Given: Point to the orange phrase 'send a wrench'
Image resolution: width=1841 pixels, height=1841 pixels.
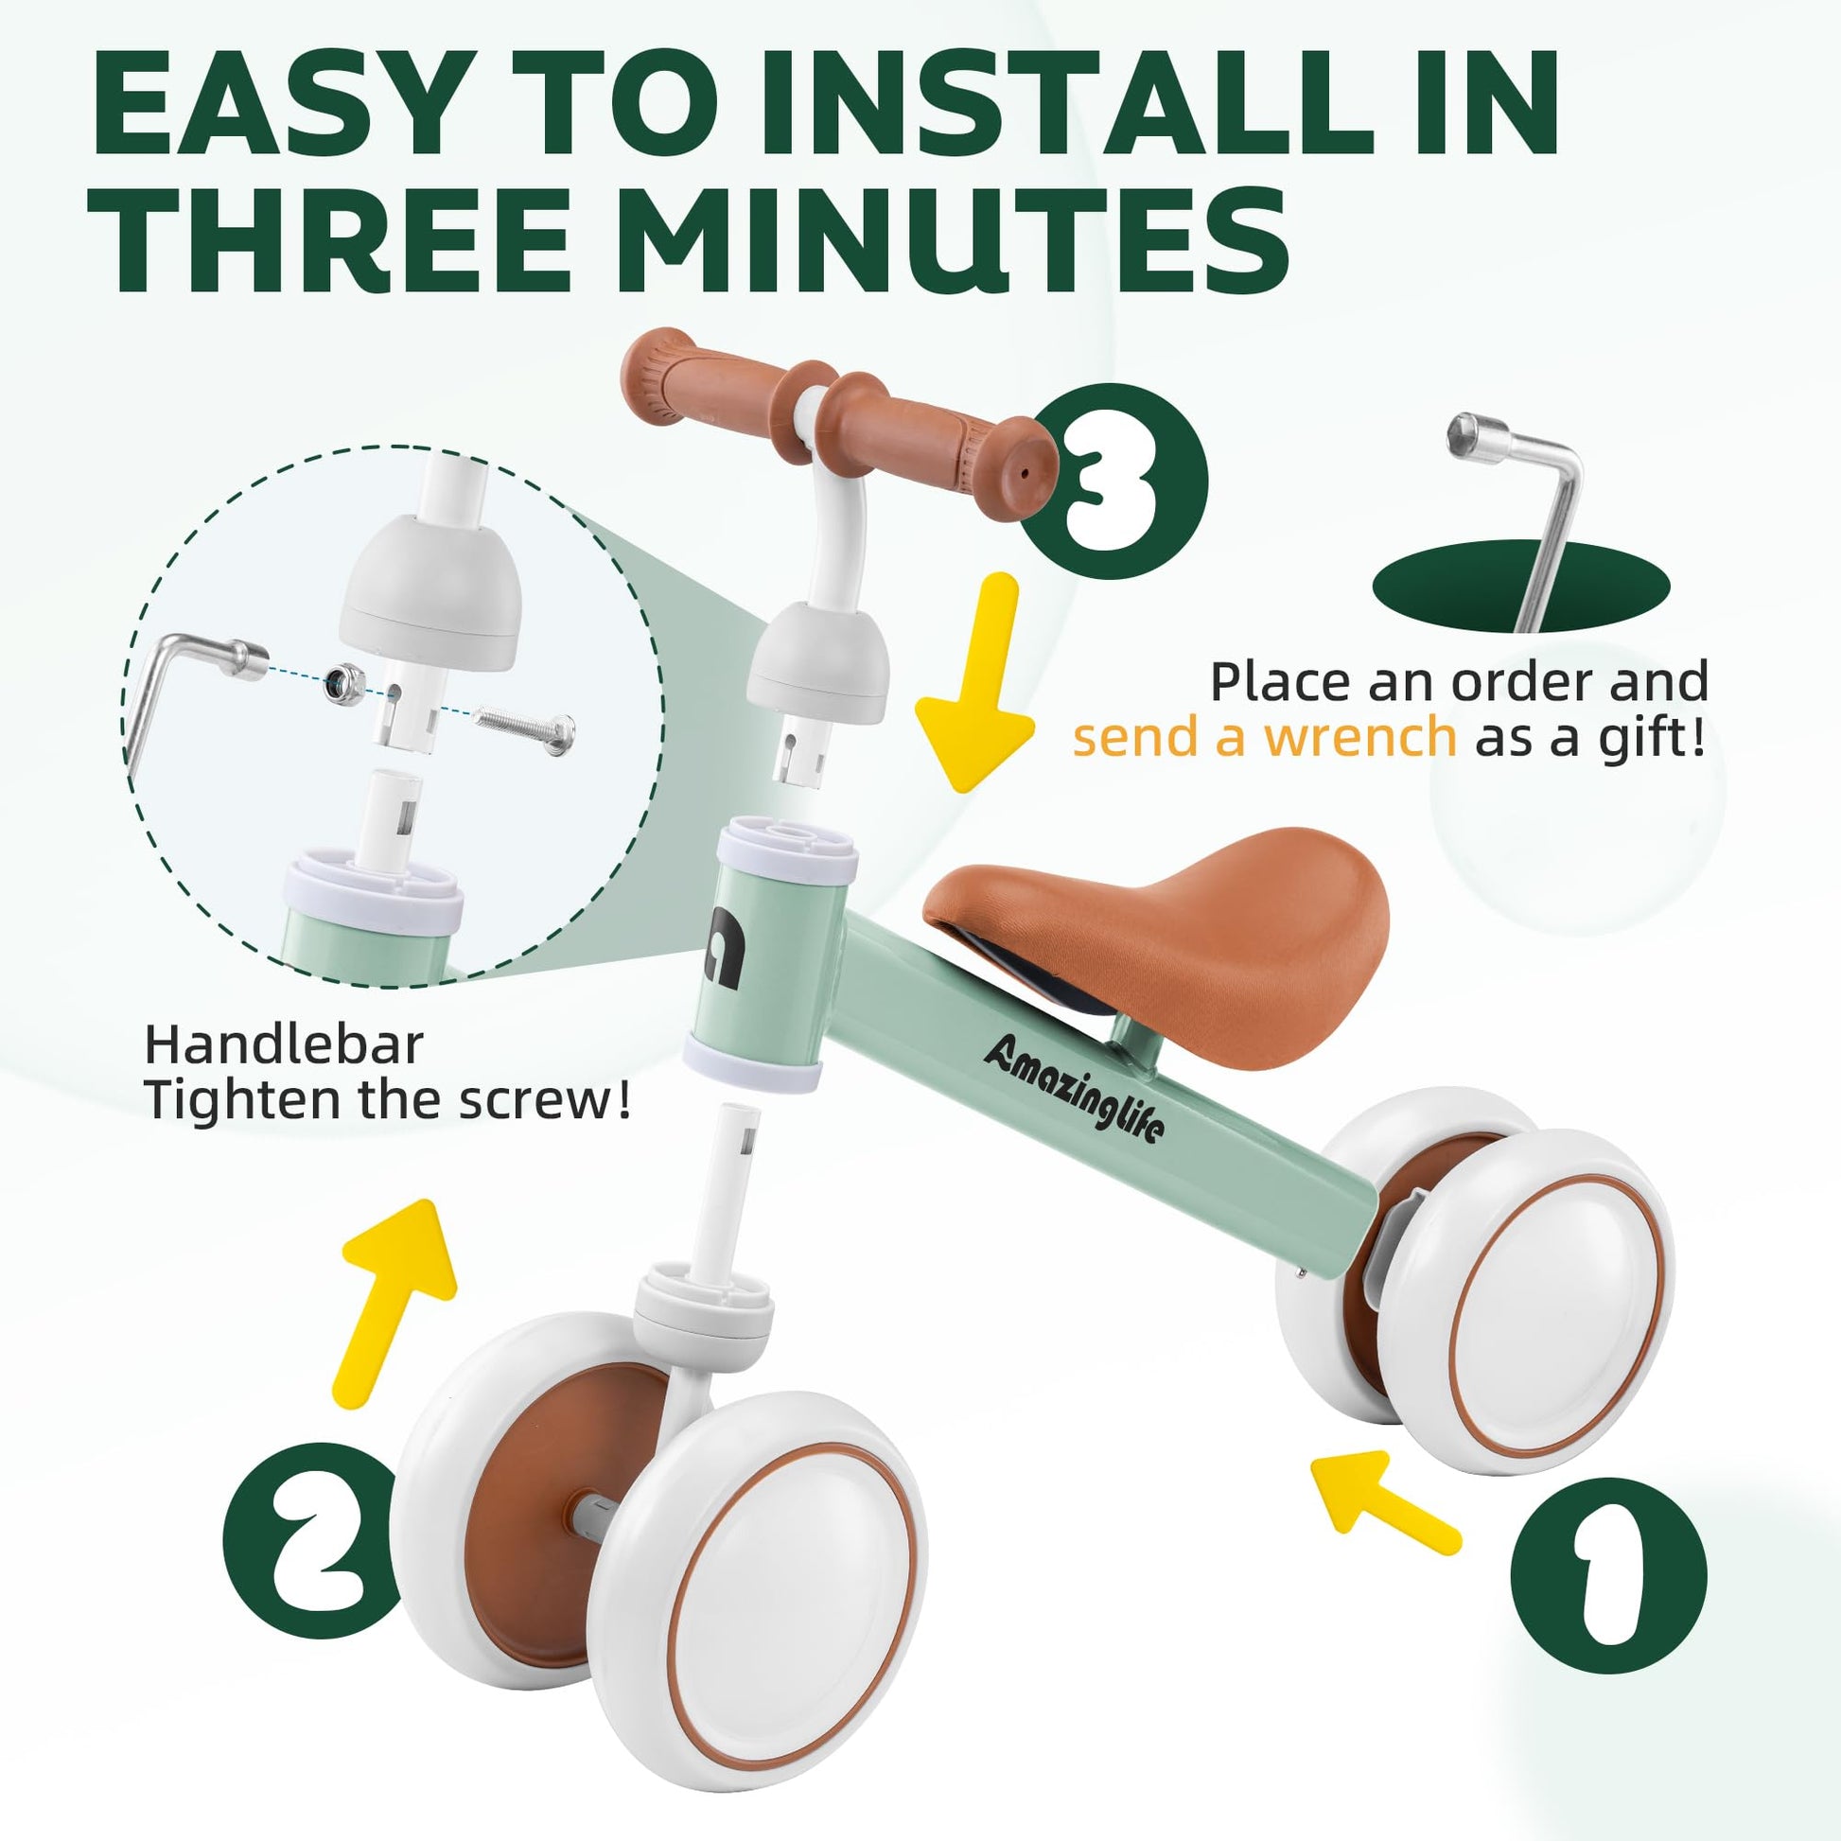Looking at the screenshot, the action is coord(1265,737).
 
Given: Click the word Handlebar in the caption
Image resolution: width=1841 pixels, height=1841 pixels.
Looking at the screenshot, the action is coord(283,1045).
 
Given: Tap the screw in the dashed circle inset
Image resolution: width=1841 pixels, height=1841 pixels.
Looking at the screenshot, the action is coord(525,725).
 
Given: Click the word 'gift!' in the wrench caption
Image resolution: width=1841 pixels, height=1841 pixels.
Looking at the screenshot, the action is coord(1656,740).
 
